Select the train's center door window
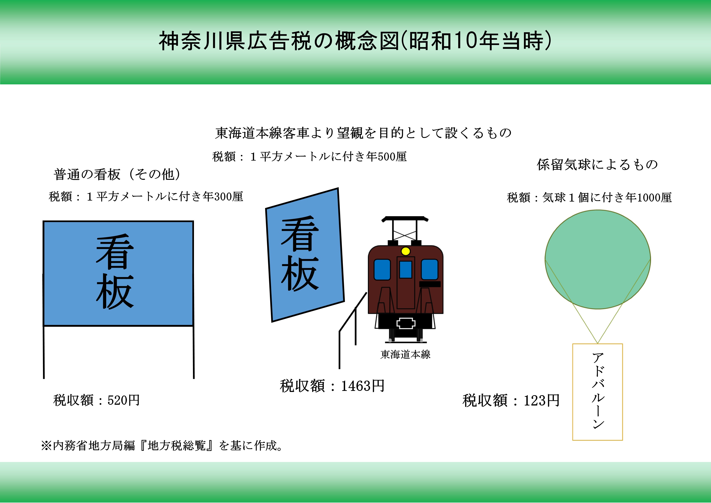[405, 269]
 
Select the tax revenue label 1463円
[332, 386]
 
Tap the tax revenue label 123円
[511, 400]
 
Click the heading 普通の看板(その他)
[117, 174]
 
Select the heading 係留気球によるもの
[597, 164]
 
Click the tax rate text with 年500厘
[309, 157]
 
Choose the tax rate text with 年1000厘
[589, 197]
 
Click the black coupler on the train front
[406, 323]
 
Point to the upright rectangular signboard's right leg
[194, 352]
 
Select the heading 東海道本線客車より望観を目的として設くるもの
[363, 133]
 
